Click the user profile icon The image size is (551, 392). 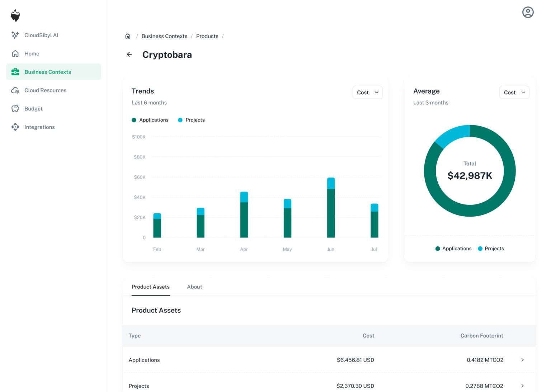point(528,12)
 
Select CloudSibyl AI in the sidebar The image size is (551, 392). point(41,35)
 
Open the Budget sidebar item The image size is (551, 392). point(33,109)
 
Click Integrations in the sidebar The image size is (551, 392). point(39,127)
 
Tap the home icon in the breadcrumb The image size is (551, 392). point(128,36)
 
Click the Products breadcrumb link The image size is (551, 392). point(207,36)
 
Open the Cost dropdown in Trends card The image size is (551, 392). point(367,93)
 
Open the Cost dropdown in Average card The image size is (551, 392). point(514,93)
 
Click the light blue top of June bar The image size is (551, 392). point(331,183)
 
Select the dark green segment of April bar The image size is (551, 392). point(244,219)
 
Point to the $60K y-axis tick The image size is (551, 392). point(140,177)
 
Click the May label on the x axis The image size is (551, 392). point(287,249)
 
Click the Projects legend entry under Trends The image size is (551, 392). point(192,120)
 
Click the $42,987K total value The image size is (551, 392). point(470,176)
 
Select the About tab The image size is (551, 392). point(194,287)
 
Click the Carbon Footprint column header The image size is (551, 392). point(481,336)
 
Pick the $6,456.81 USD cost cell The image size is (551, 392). point(355,360)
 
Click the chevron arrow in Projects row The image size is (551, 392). point(522,386)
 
